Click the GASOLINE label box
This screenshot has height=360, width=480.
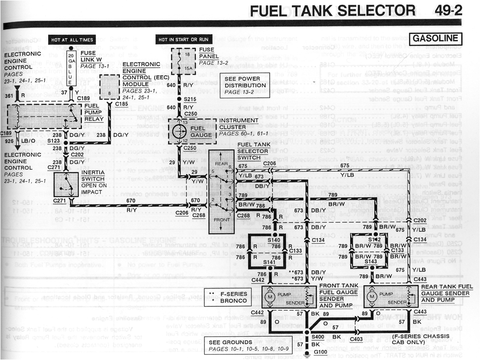pos(435,38)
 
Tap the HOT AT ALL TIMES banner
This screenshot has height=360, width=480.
pos(72,39)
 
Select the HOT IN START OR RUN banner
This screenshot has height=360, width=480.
pos(184,39)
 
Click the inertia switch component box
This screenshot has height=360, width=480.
pos(67,184)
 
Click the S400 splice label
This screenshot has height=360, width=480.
pos(317,337)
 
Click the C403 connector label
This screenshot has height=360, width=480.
pos(357,339)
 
